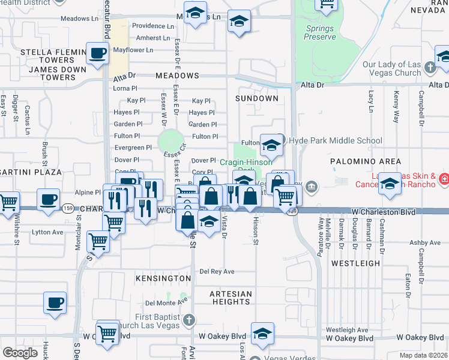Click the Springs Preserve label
(320, 32)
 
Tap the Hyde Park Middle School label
(336, 141)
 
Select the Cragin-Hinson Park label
(246, 162)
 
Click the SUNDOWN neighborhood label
(257, 98)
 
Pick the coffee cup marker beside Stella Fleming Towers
(97, 54)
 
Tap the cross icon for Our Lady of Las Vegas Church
(429, 67)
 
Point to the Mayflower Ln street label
(133, 49)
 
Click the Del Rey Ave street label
(217, 271)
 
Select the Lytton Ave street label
(47, 232)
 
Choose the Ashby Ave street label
(426, 243)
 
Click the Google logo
(20, 353)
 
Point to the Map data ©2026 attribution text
(423, 355)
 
